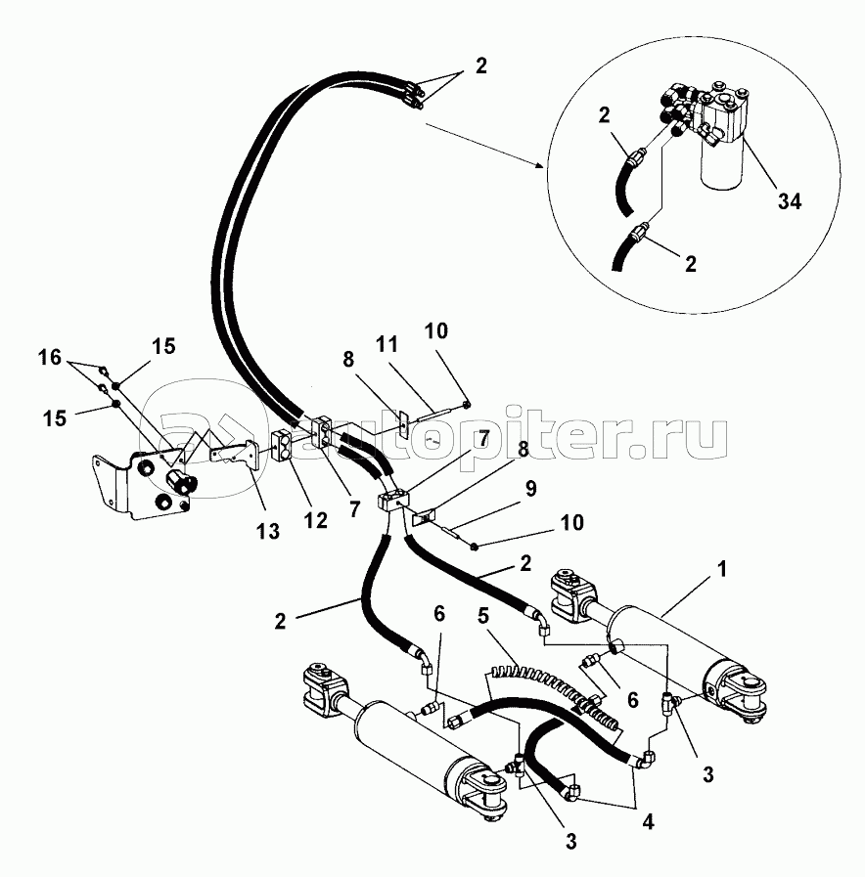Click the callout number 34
790,200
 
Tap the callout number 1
722,569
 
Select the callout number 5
483,616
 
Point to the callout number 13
267,531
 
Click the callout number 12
315,521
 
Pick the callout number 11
387,344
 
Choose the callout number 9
530,488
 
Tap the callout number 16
49,357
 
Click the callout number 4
648,821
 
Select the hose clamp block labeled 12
282,445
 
